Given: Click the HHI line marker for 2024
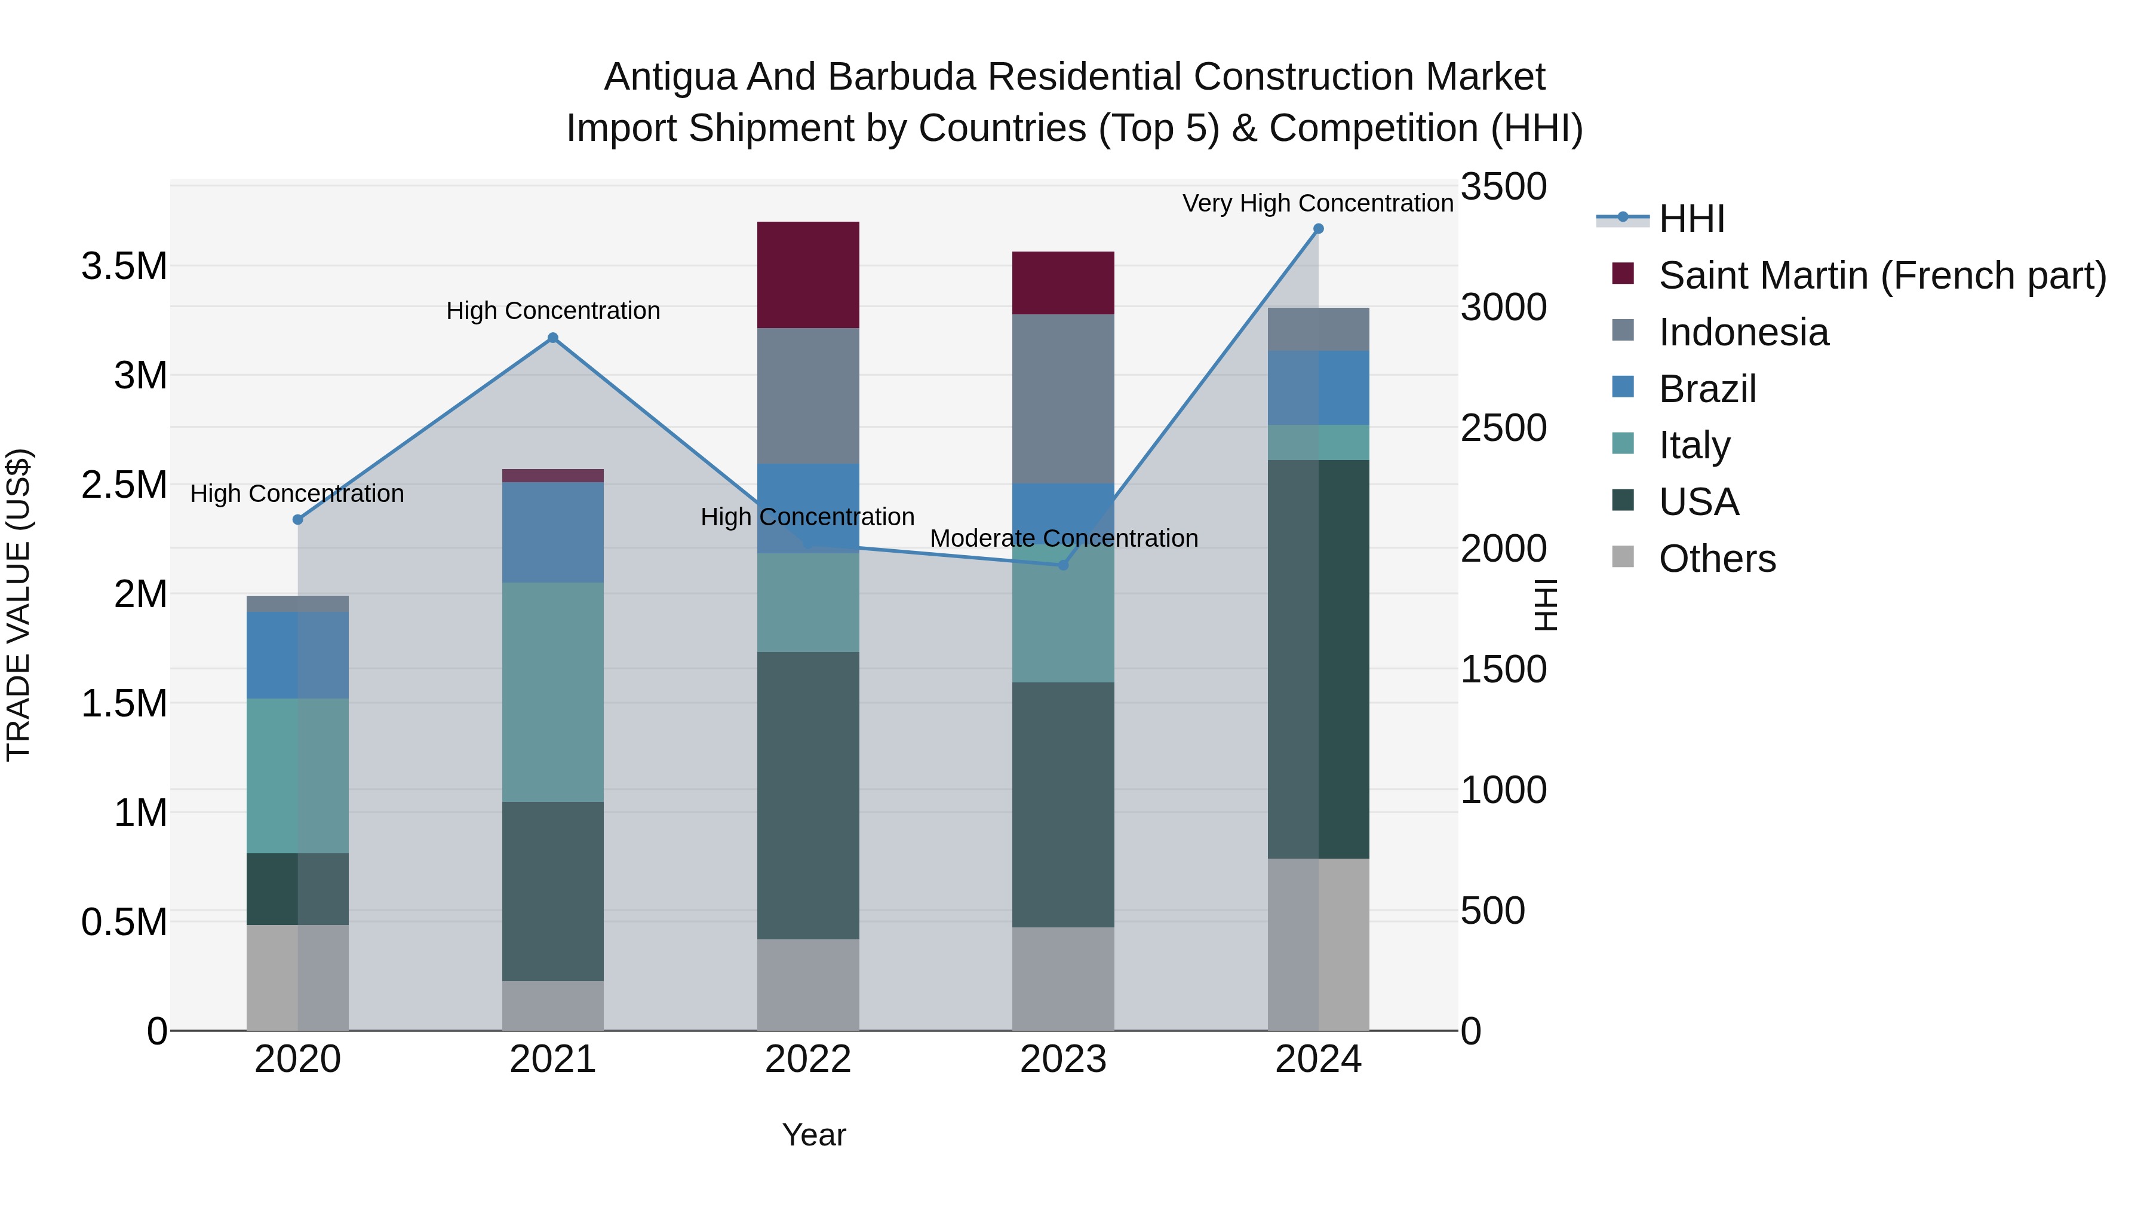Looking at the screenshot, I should click(1318, 229).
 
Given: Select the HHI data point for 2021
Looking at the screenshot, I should click(552, 338).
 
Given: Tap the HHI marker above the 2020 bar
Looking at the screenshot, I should click(298, 519).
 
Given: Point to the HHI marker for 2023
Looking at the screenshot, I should click(1063, 565).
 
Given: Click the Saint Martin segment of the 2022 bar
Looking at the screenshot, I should click(808, 275).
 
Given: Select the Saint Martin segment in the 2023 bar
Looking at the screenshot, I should click(1063, 283).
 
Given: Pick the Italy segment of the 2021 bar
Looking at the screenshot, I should click(552, 693).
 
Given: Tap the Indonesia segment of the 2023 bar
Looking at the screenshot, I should click(1063, 399).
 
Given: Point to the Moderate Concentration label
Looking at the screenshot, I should click(1063, 538).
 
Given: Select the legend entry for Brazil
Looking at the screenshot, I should click(1707, 389).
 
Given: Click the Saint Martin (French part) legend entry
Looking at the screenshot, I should click(1882, 275).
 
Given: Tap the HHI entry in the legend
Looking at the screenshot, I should click(1691, 219).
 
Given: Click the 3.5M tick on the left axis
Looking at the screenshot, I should click(124, 266).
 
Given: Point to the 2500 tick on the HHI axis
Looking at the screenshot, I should click(1503, 428).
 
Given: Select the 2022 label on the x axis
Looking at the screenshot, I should click(808, 1059).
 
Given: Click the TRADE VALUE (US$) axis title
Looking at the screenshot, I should click(19, 605).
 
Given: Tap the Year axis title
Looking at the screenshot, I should click(814, 1135).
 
